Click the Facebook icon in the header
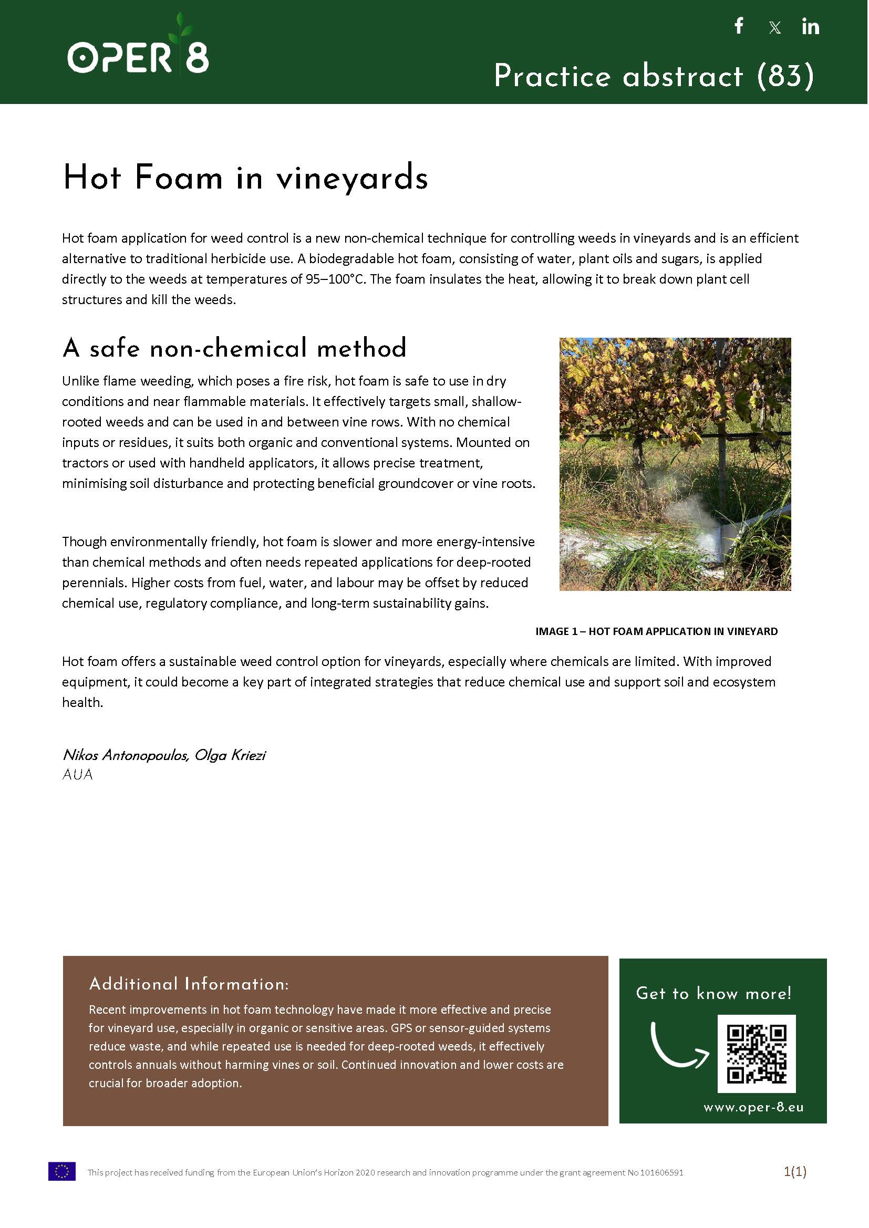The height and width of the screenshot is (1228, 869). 739,26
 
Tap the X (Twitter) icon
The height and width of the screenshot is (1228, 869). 774,28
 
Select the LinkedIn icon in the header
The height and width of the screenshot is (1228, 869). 810,27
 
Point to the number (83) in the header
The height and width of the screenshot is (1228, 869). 785,76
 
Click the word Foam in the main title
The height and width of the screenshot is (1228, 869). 178,178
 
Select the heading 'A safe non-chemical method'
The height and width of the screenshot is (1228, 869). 234,348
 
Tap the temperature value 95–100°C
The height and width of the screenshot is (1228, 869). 335,279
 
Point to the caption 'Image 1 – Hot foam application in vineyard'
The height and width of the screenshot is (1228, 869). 656,631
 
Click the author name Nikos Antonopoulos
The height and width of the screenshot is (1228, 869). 125,755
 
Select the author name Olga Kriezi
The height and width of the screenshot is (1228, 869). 230,755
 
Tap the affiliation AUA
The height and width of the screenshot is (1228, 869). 78,774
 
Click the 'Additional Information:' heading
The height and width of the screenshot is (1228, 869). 189,984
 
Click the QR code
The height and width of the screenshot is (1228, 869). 756,1054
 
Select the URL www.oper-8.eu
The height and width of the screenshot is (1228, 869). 753,1107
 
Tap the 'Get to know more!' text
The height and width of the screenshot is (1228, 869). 713,993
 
